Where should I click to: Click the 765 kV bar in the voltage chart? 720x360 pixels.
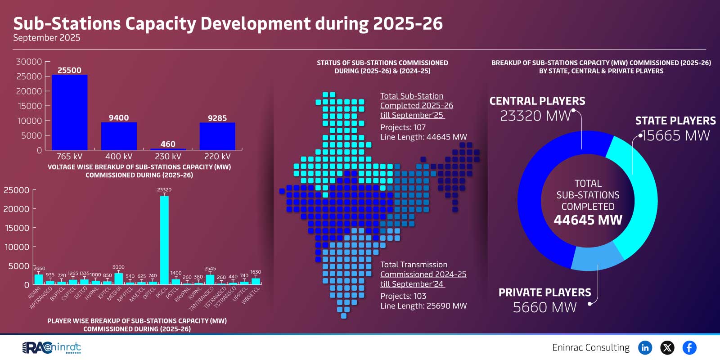70,112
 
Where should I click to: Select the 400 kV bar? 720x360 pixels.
119,136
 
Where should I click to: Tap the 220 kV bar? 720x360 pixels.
217,136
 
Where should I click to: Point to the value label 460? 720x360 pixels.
168,144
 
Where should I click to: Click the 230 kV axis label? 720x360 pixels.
168,157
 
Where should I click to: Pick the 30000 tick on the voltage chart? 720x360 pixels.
29,62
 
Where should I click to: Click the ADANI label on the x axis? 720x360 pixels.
35,293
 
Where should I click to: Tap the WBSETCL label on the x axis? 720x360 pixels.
251,296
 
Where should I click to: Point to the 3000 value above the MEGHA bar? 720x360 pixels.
118,267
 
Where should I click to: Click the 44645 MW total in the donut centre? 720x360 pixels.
588,220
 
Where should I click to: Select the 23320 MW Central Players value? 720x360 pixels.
535,116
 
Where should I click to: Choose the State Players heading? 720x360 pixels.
675,121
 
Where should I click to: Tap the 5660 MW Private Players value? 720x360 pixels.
544,307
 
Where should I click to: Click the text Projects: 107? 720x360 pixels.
403,127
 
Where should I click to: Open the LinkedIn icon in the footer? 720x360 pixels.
645,347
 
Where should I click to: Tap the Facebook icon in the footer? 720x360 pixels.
689,347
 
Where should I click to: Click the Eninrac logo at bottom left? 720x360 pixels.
52,347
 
